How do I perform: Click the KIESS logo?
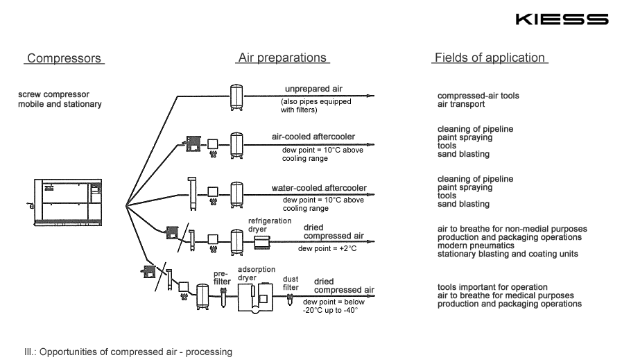pyautogui.click(x=562, y=19)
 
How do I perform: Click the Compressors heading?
pyautogui.click(x=64, y=59)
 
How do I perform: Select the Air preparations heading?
pyautogui.click(x=282, y=58)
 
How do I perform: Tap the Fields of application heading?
pyautogui.click(x=490, y=58)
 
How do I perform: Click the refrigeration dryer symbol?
pyautogui.click(x=263, y=241)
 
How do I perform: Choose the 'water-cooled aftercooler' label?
pyautogui.click(x=319, y=188)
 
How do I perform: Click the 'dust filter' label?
pyautogui.click(x=291, y=282)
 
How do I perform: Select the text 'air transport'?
pyautogui.click(x=460, y=105)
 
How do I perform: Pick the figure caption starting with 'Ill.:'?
pyautogui.click(x=128, y=352)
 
